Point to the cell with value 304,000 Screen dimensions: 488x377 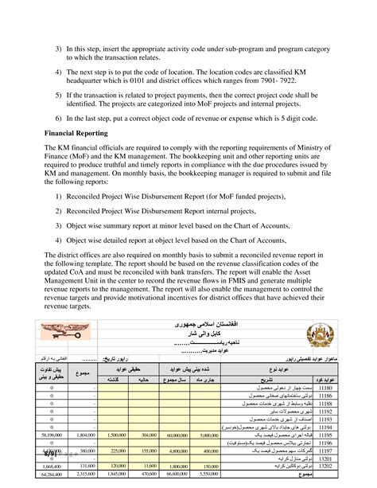pyautogui.click(x=147, y=435)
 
